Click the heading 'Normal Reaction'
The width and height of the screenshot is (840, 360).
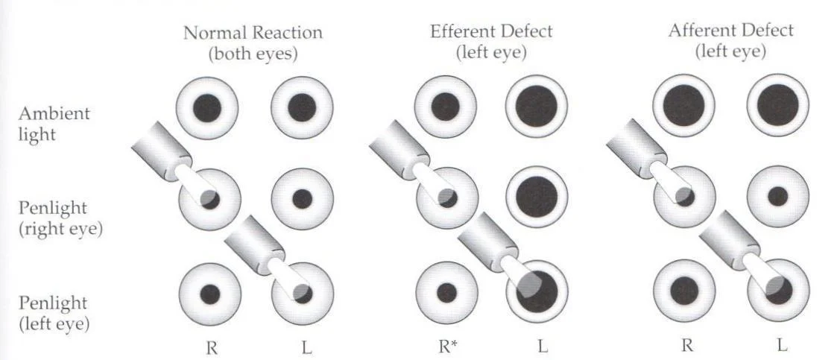tap(253, 33)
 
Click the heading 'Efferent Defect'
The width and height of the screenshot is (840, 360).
tap(491, 32)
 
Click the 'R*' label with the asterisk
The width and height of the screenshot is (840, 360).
tap(446, 347)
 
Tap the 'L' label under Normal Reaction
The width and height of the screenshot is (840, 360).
tap(302, 347)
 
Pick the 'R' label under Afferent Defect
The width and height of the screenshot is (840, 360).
tap(684, 347)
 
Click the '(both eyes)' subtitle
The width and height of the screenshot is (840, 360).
tap(253, 53)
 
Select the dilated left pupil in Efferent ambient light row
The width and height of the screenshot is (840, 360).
tap(537, 106)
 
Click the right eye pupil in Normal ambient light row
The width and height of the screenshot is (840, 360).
tap(208, 107)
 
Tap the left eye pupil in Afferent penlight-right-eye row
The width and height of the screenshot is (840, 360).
tap(777, 197)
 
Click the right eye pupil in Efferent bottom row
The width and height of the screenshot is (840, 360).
tap(446, 291)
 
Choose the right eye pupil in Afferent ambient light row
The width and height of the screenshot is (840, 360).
tap(684, 104)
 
